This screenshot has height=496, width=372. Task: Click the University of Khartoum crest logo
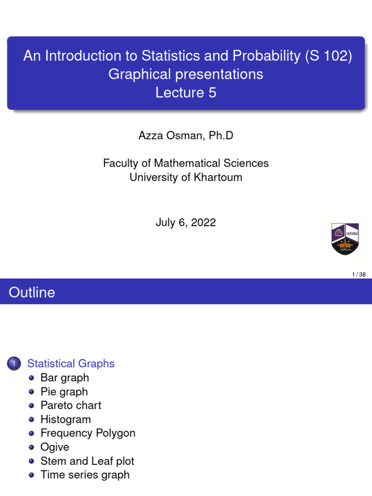(x=345, y=239)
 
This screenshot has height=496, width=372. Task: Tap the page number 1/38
(x=359, y=275)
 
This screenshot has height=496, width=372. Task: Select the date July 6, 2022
(x=186, y=222)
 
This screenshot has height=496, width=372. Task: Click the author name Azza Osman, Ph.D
(x=186, y=136)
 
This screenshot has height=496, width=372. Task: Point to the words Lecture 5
(x=186, y=93)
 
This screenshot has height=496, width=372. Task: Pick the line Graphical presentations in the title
(x=186, y=74)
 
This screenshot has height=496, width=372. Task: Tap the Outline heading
(x=32, y=292)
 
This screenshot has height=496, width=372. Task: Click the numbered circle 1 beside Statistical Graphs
(x=14, y=363)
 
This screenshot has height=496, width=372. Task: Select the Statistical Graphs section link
(x=71, y=364)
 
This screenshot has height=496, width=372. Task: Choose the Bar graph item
(x=65, y=378)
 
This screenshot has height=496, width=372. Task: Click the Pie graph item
(x=64, y=391)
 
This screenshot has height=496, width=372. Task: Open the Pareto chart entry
(x=71, y=405)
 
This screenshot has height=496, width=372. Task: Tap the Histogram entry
(x=66, y=419)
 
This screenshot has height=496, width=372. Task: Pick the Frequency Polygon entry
(x=88, y=433)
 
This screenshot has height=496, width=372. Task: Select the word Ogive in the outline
(x=55, y=447)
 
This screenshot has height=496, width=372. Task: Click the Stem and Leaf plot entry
(x=87, y=461)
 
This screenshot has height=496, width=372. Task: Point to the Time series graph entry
(x=85, y=475)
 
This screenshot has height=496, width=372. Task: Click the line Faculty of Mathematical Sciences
(x=186, y=163)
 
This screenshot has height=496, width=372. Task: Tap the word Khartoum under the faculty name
(x=218, y=177)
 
